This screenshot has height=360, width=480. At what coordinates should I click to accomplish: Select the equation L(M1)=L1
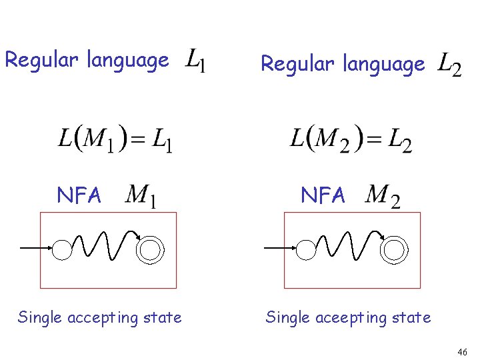(x=115, y=139)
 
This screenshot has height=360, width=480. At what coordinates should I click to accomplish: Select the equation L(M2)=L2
(x=351, y=139)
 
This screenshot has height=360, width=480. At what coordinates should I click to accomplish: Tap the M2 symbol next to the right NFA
(x=383, y=195)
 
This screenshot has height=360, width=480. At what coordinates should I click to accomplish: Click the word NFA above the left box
(x=79, y=195)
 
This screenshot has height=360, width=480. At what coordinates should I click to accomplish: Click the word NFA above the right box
(x=323, y=195)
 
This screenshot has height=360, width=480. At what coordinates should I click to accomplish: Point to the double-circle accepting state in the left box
(x=149, y=249)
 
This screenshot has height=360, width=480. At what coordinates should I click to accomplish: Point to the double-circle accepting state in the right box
(x=393, y=249)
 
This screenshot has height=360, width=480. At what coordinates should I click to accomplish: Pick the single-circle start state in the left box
(x=61, y=249)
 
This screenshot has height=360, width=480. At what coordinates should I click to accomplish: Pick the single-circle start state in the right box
(x=305, y=249)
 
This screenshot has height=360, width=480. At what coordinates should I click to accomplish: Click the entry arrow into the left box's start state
(x=35, y=248)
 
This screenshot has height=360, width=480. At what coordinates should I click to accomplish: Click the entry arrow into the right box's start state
(x=279, y=248)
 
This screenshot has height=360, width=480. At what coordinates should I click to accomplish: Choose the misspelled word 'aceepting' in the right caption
(x=357, y=317)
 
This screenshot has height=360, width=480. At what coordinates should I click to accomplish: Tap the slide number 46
(x=463, y=351)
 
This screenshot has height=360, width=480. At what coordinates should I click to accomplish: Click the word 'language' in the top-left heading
(x=127, y=60)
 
